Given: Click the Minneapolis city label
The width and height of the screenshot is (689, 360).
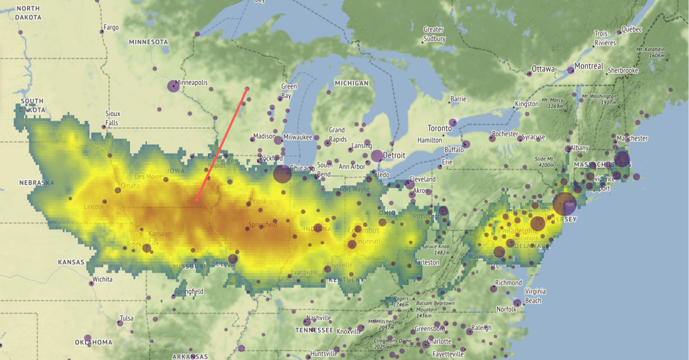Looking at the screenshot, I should (x=192, y=83).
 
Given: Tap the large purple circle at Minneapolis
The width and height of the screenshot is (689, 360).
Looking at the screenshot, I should (x=173, y=87).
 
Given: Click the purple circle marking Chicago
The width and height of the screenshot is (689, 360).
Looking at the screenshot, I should (x=282, y=173).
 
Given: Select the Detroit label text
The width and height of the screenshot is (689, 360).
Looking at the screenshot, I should (x=394, y=155).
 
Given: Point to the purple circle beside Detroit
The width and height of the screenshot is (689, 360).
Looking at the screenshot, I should (x=377, y=156).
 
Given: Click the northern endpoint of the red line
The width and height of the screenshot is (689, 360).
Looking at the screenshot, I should (x=247, y=88).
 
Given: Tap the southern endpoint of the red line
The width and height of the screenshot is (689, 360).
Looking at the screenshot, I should (x=196, y=200).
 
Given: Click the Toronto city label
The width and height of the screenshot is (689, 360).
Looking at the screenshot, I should (x=440, y=128).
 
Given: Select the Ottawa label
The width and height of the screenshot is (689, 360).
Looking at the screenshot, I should (x=543, y=69).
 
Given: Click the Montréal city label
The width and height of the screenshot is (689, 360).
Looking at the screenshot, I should (x=589, y=67).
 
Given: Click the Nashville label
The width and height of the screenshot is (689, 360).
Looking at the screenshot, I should (x=319, y=318).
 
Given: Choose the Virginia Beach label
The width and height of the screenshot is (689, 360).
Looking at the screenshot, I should (x=533, y=296).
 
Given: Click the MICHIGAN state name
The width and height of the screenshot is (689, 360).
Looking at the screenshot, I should (x=351, y=83).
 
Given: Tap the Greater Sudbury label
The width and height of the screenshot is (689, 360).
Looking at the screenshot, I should (x=434, y=34).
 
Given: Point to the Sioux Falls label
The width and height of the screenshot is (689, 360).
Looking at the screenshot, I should (x=113, y=118).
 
